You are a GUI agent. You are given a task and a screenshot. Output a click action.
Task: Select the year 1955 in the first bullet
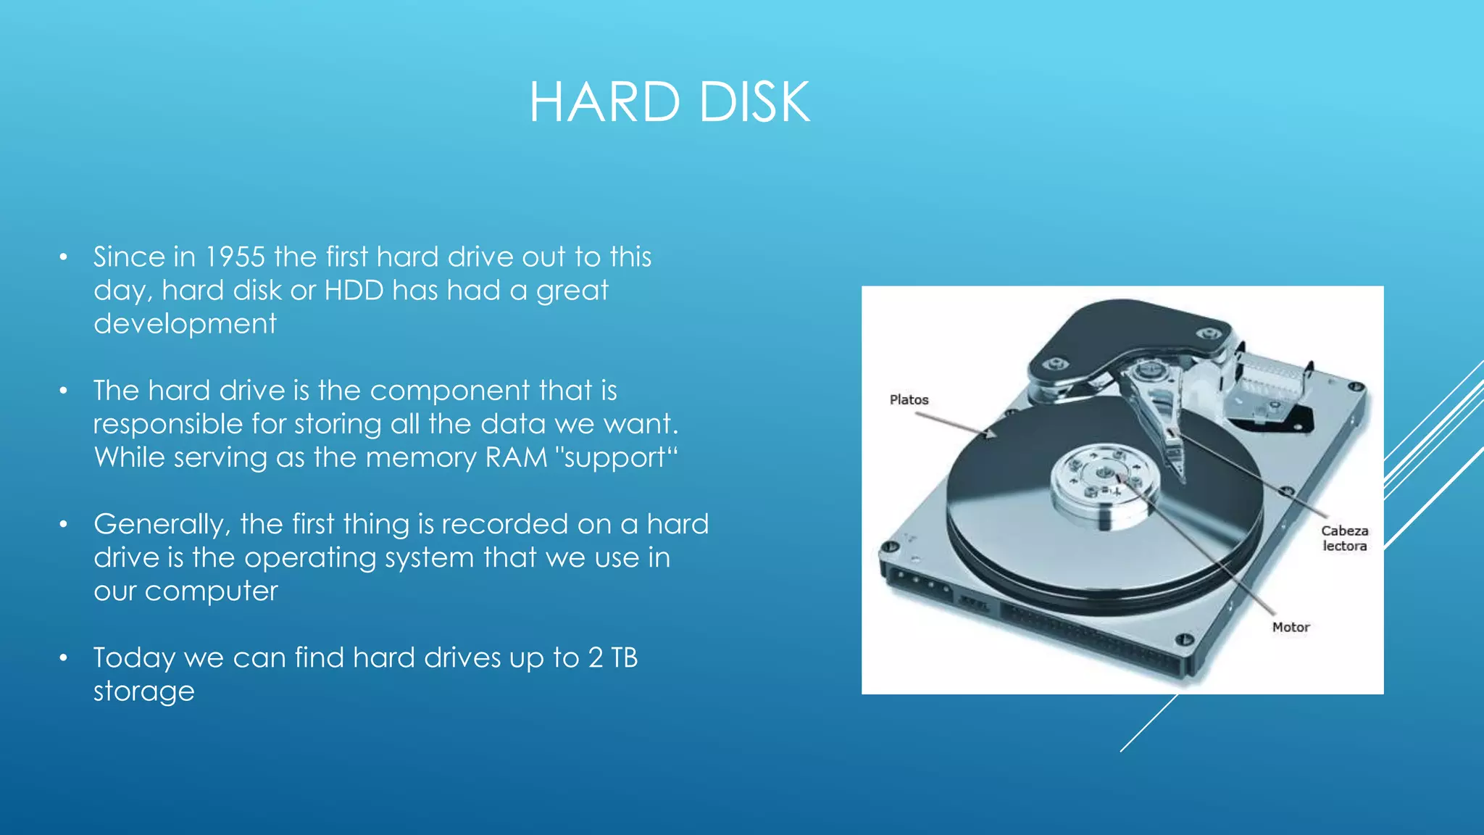235,257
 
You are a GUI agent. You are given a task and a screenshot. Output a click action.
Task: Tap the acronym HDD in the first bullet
354,291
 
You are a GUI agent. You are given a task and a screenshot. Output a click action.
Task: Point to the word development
185,324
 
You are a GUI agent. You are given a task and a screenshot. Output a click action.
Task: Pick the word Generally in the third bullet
162,525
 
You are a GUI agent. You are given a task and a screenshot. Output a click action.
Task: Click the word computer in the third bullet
211,591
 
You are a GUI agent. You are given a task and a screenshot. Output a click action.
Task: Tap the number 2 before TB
596,658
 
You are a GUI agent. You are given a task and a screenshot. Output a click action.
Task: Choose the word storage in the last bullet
144,691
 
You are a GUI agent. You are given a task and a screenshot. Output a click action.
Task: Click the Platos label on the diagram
909,400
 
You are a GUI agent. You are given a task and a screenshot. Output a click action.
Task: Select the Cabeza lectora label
1344,539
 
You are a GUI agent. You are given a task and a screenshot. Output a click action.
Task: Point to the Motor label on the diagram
1291,628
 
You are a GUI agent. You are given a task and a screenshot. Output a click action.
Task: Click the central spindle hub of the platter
1104,475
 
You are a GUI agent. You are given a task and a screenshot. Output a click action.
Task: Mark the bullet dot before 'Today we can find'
64,658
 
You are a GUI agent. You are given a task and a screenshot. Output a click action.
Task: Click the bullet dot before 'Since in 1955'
64,257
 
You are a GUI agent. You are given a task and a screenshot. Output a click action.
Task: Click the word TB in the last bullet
624,658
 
